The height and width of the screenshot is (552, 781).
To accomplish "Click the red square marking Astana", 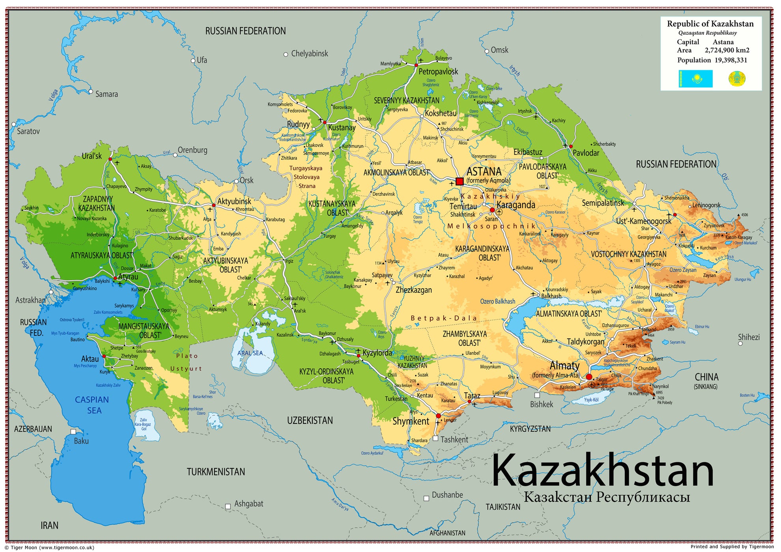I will point(459,181).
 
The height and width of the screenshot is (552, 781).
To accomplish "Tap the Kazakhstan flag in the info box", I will point(695,79).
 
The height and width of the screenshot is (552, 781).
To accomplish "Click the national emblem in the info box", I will point(737,79).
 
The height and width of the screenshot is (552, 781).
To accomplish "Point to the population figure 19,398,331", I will point(731,60).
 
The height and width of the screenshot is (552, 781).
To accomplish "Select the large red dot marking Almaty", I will point(589,377).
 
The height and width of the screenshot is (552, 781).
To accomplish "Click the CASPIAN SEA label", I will point(92,405).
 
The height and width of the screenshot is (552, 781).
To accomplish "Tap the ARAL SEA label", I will point(250,353).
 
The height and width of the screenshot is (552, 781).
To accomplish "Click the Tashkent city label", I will point(454,439).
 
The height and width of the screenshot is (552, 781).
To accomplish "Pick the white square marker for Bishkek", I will point(537,395).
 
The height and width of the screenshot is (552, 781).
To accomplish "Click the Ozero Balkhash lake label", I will point(497,301).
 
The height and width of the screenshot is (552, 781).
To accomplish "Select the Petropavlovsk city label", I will point(438,71).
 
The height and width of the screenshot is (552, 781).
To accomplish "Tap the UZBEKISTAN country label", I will point(310,420).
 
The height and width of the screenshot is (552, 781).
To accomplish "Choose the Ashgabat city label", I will point(248,504).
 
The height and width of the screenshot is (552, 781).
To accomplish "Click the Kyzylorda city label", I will point(377,352).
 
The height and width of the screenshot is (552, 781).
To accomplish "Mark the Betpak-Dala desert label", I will point(444,318).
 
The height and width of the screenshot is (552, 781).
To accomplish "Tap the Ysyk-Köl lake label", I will point(591,399).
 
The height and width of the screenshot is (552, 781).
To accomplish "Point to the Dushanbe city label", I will point(447,495).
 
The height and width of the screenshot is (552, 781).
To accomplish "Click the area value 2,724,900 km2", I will point(727,50).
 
